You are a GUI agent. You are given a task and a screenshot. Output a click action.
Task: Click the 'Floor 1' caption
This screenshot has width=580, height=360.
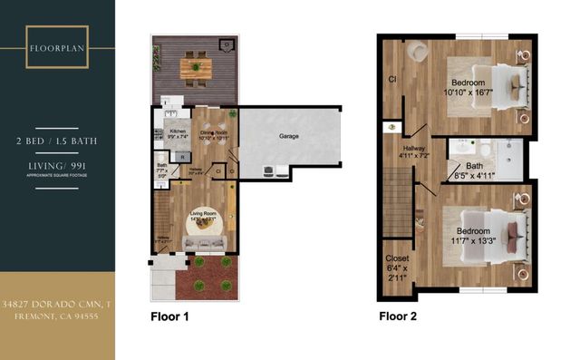pos(169,317)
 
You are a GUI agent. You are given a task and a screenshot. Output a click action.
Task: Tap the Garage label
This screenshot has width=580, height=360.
pos(288,136)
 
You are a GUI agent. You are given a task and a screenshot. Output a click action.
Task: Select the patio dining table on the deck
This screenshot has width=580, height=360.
pos(195,66)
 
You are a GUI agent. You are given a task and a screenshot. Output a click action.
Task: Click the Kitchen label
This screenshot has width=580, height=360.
pos(178,131)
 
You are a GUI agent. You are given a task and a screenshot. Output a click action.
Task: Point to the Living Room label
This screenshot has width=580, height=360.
pos(207,214)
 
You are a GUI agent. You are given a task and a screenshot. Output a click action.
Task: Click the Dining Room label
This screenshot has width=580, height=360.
pos(214,134)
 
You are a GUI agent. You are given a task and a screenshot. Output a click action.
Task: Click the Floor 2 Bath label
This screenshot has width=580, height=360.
pos(475,166)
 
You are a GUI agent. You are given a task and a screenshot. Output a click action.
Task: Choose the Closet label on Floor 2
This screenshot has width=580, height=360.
pos(397,258)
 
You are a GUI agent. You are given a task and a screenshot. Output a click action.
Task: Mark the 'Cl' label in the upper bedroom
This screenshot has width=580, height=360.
pos(391,78)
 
